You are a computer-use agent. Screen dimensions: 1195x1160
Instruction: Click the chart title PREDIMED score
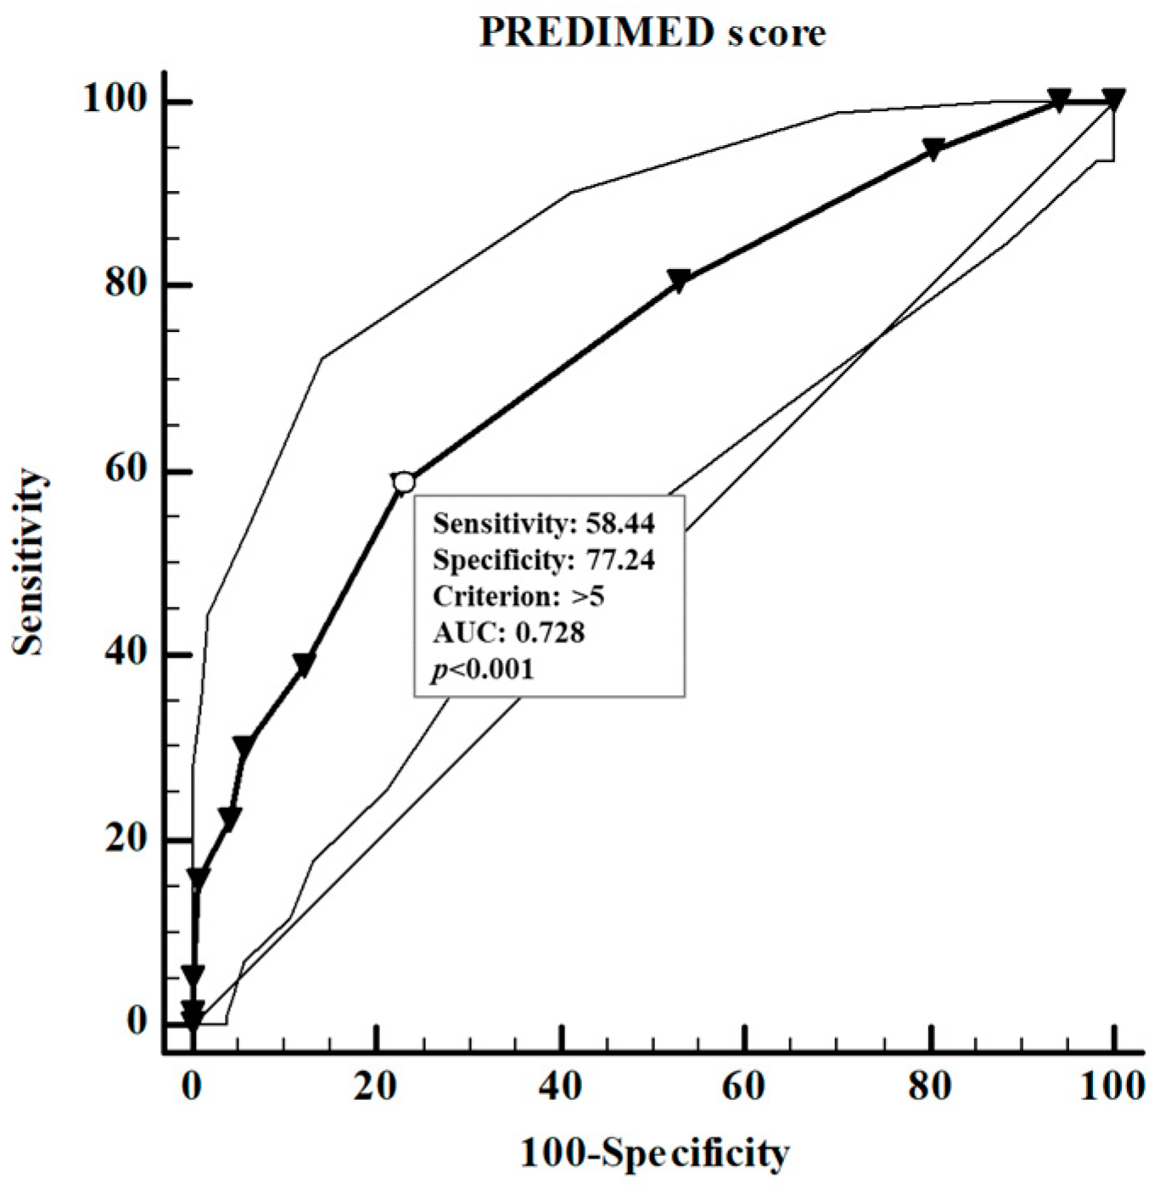coord(652,33)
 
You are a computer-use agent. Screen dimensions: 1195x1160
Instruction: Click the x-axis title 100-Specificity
coord(654,1153)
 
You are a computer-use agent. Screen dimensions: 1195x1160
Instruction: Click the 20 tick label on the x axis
coord(376,1087)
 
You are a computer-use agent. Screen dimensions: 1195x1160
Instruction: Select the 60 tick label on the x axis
coord(744,1087)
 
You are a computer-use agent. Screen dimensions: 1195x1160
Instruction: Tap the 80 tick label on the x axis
coord(929,1087)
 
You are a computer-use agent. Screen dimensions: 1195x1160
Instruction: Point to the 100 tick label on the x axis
coord(1112,1087)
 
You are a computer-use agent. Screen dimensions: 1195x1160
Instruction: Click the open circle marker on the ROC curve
coord(404,483)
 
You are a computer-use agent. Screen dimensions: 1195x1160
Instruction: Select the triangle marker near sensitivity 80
coord(679,281)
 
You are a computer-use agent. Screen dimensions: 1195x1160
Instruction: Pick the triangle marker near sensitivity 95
coord(933,149)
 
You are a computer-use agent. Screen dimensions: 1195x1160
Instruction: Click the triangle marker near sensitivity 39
coord(304,665)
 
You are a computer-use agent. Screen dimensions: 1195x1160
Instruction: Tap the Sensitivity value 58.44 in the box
coord(620,524)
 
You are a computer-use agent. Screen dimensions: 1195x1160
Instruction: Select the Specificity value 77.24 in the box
coord(620,560)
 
